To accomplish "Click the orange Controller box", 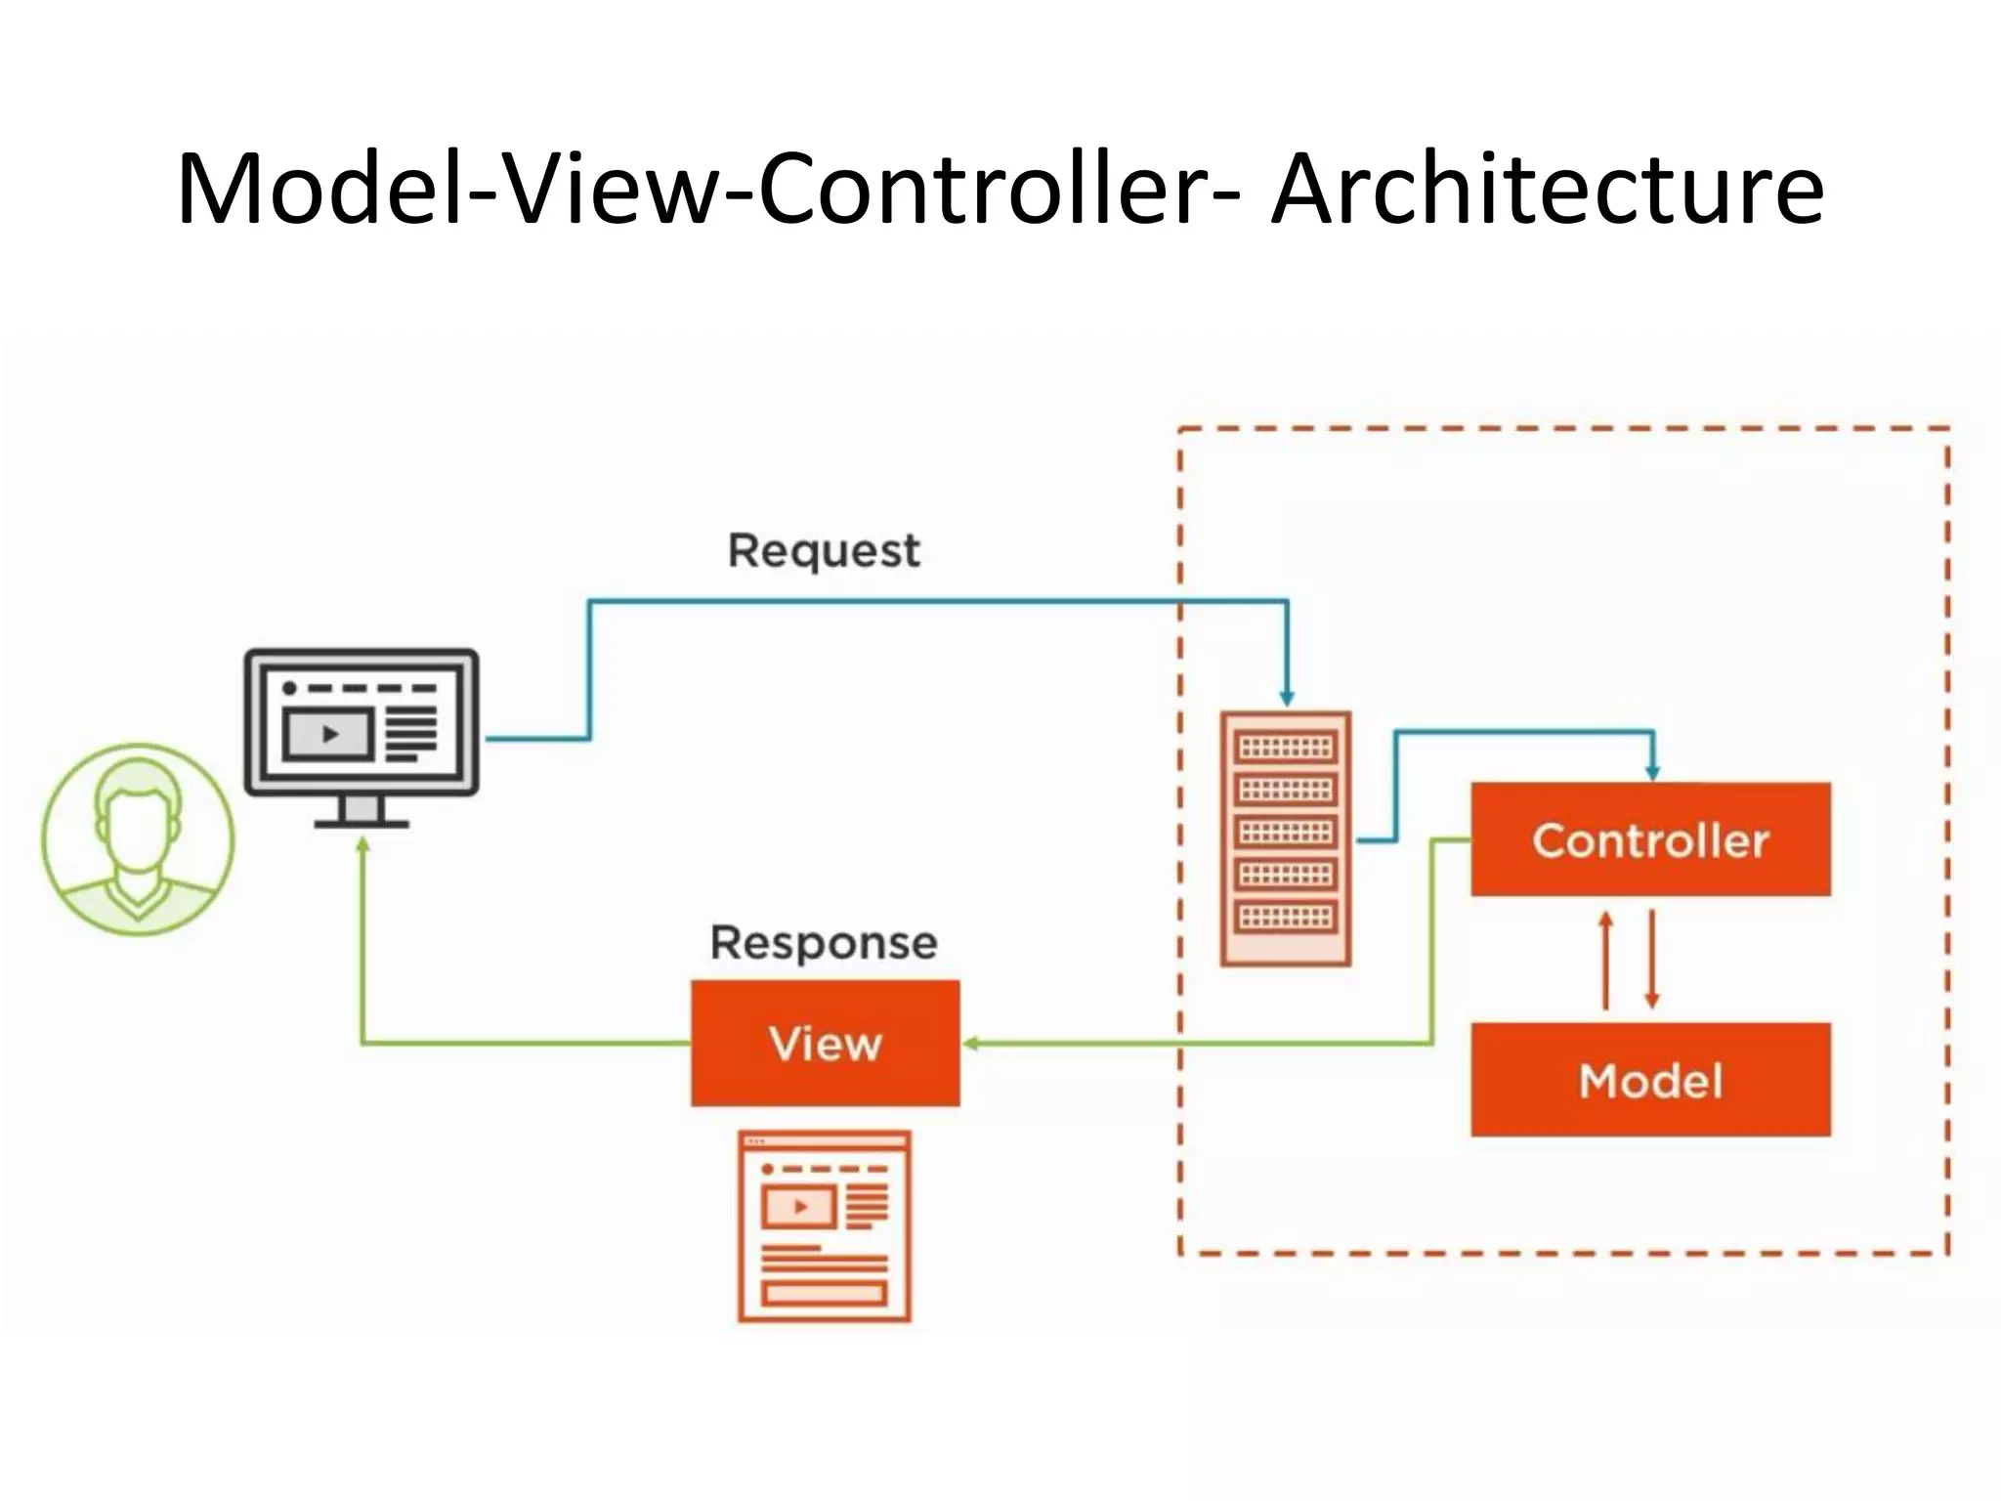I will [x=1650, y=839].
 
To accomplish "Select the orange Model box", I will [x=1650, y=1080].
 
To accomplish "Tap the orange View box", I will [x=825, y=1043].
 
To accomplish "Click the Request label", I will [x=823, y=551].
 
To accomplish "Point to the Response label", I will [x=823, y=943].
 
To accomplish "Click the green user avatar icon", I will [x=138, y=839].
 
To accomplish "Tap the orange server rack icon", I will [x=1286, y=839].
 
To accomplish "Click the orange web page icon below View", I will [x=825, y=1226].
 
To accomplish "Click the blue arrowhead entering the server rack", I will [x=1287, y=698].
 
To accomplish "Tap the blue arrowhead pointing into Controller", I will [x=1652, y=772].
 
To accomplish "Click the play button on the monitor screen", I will [x=330, y=734].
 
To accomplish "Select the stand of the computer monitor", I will [x=362, y=811].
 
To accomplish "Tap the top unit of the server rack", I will [x=1286, y=748].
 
